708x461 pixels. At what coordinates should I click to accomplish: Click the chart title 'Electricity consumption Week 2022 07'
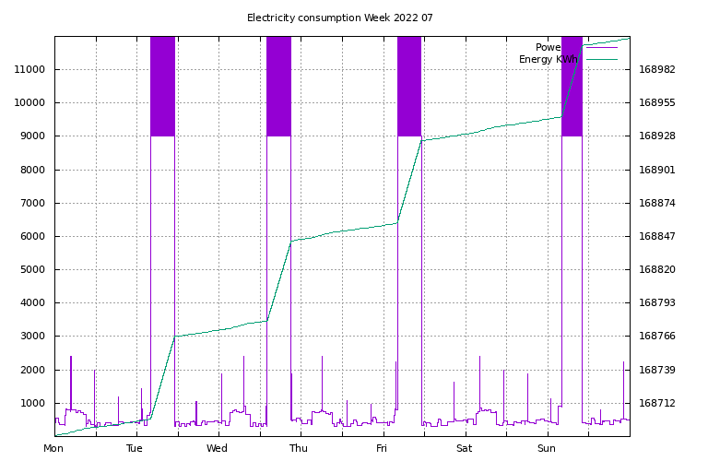coord(339,18)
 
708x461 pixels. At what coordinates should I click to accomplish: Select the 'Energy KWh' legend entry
coord(549,59)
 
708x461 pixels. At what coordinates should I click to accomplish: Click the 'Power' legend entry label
coord(549,47)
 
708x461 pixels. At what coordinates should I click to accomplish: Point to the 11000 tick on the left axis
coord(32,69)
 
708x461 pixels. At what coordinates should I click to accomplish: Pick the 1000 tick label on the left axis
coord(35,403)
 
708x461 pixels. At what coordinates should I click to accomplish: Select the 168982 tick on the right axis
coord(656,69)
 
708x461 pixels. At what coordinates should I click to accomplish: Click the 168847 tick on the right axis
coord(656,237)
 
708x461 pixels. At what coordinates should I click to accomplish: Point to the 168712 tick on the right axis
coord(656,403)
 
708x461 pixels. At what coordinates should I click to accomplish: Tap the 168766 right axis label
coord(656,337)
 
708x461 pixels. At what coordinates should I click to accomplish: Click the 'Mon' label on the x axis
coord(53,448)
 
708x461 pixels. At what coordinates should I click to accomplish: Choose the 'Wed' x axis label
coord(217,448)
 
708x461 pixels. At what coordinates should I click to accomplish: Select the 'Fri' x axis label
coord(382,448)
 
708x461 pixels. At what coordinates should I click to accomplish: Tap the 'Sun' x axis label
coord(547,448)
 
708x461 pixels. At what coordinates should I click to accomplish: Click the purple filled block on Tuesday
coord(162,86)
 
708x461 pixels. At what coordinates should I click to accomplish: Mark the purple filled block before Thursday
coord(278,86)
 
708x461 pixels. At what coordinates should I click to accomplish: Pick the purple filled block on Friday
coord(409,86)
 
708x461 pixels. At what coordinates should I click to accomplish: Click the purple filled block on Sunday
coord(572,86)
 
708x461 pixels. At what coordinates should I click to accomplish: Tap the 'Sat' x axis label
coord(464,448)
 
